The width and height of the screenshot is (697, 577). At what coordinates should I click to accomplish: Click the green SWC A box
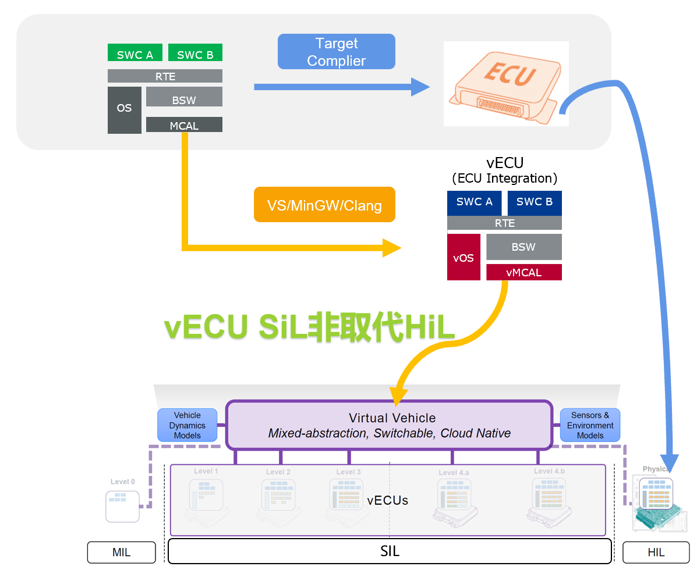[135, 53]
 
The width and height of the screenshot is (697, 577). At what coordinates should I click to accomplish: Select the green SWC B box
[195, 53]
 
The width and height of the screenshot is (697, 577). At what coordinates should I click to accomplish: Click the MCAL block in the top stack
[184, 124]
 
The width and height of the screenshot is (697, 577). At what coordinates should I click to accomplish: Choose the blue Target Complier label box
[336, 52]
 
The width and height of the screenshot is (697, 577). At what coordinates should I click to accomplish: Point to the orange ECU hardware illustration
[505, 84]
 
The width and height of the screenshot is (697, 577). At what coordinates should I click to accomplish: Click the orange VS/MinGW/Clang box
[324, 204]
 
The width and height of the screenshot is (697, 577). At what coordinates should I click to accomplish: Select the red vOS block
[464, 257]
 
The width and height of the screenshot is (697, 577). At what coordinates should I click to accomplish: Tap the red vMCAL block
[523, 272]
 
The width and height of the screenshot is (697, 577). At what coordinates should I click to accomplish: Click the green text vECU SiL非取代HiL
[309, 327]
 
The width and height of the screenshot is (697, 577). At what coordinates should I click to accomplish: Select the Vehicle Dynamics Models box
[187, 425]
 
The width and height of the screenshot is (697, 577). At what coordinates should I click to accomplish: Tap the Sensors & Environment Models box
[590, 425]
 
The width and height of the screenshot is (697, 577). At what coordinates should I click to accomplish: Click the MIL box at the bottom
[121, 553]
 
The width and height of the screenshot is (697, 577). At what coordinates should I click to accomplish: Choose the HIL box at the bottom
[656, 553]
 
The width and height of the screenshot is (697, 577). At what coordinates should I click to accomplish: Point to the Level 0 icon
[122, 505]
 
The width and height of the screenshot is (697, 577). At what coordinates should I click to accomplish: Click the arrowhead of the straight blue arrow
[420, 87]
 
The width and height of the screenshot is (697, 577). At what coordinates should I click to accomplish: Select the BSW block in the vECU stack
[523, 247]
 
